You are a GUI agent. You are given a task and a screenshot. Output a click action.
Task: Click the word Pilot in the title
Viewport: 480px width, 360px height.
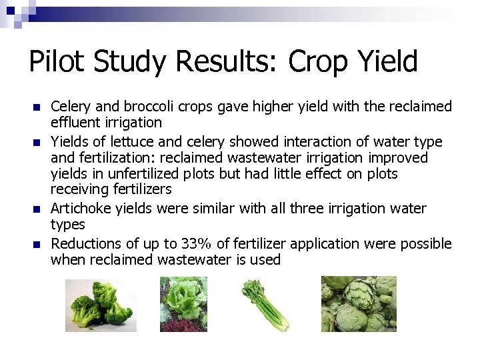(x=56, y=62)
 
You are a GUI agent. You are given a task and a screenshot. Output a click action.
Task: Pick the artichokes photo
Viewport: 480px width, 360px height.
(x=359, y=304)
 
